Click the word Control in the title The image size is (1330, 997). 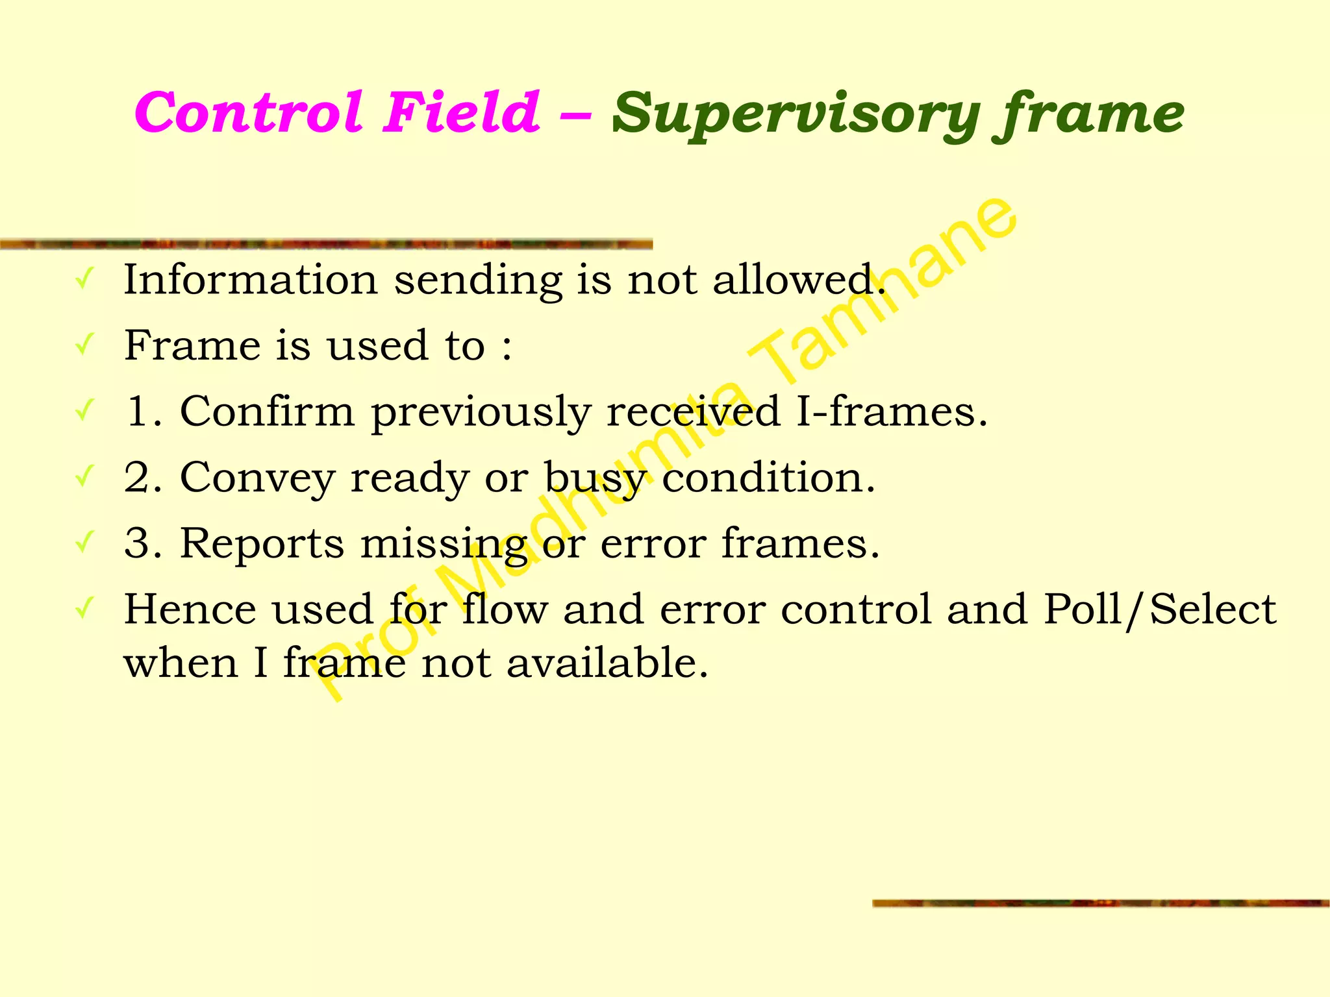pos(247,112)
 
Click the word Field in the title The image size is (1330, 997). pos(461,112)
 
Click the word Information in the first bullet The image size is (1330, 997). pos(251,280)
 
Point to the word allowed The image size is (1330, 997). pos(799,280)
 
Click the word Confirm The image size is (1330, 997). pos(267,412)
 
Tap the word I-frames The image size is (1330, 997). pos(891,412)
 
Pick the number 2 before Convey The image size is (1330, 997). pos(138,478)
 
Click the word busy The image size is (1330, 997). pos(594,479)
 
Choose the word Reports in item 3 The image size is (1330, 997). pos(262,544)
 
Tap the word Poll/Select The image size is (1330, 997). pos(1160,610)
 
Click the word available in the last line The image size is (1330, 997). pos(607,663)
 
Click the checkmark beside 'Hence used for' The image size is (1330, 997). pos(84,608)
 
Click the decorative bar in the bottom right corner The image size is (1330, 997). pos(1100,903)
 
